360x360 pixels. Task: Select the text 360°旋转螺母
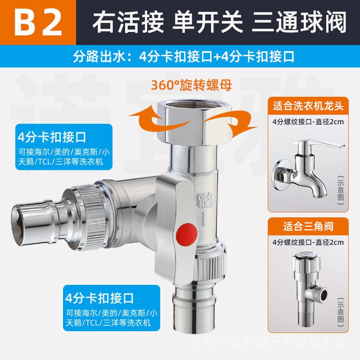(191, 85)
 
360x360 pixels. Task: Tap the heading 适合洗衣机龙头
(308, 106)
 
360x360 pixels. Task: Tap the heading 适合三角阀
(308, 227)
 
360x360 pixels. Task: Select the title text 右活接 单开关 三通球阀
(219, 22)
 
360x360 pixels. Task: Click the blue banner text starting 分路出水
(184, 57)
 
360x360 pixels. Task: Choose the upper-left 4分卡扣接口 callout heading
(52, 137)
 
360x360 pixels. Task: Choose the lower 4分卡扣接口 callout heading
(99, 298)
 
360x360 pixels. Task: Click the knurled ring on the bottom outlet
(209, 266)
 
